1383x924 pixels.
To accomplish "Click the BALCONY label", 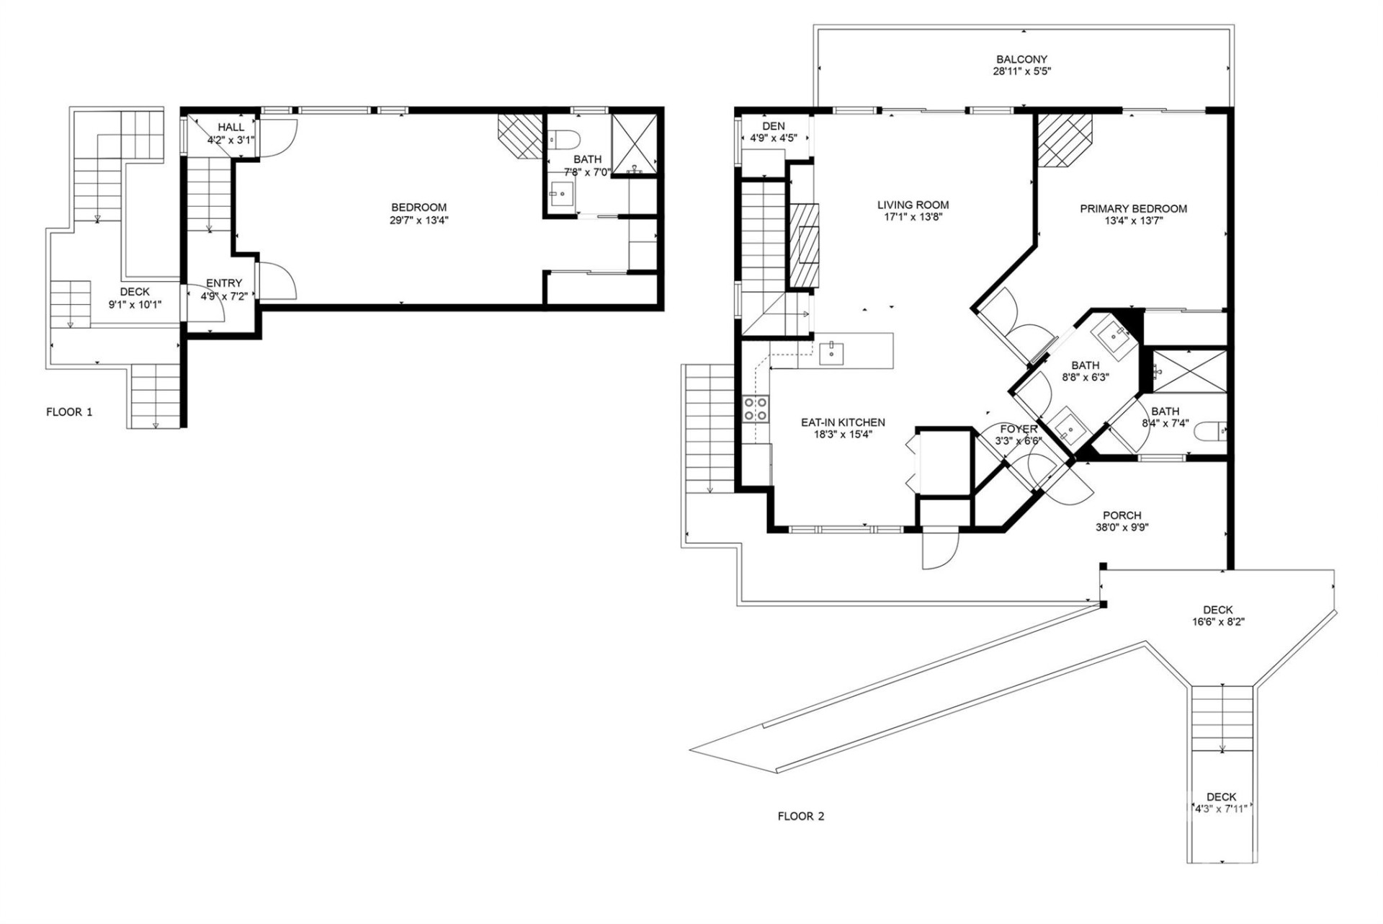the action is click(x=1021, y=59).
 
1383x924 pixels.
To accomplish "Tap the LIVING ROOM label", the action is click(x=913, y=205).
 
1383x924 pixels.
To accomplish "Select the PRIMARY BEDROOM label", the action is click(x=1133, y=209).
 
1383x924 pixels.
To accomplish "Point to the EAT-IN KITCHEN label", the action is click(x=843, y=422).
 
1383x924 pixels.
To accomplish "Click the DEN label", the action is click(x=774, y=126).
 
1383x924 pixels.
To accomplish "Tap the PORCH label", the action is click(x=1122, y=515).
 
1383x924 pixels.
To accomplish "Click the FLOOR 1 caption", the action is click(x=69, y=412).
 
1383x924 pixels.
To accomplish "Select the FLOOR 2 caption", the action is click(x=800, y=816).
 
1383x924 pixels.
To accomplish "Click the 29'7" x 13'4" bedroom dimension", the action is click(x=419, y=220).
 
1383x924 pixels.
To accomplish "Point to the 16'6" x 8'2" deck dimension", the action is click(x=1218, y=621).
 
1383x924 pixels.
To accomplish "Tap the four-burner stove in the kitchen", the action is click(x=756, y=409).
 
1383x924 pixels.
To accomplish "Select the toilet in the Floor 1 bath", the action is click(x=564, y=138).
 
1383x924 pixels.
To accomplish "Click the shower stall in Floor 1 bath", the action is click(x=634, y=143).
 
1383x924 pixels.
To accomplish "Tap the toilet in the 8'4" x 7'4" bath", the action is click(x=1211, y=432).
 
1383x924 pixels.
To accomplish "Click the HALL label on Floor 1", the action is click(x=231, y=128).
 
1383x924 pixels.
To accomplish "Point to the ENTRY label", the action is click(x=224, y=283).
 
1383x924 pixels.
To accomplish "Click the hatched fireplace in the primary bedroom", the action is click(x=1065, y=140).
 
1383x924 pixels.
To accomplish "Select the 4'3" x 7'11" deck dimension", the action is click(x=1221, y=809).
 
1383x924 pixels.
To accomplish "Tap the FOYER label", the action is click(x=1019, y=430).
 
